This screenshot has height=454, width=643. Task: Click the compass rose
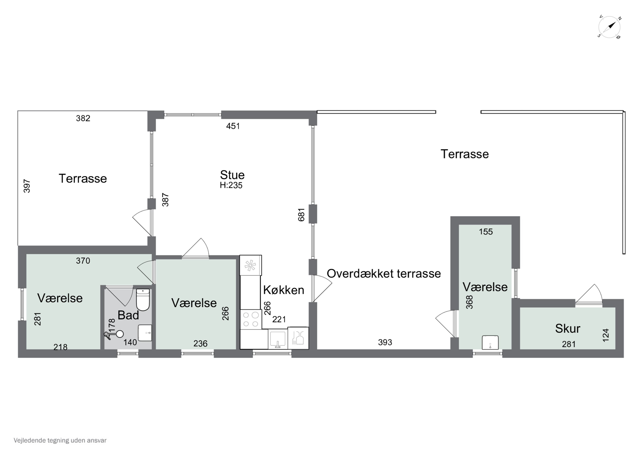pyautogui.click(x=609, y=27)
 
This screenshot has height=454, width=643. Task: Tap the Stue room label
pyautogui.click(x=232, y=175)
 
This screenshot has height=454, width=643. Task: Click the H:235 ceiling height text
pyautogui.click(x=231, y=185)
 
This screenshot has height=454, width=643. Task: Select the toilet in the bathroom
pyautogui.click(x=143, y=300)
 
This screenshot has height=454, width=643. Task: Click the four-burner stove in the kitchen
pyautogui.click(x=251, y=319)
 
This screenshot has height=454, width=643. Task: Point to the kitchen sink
pyautogui.click(x=277, y=339)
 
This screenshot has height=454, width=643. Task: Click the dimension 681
pyautogui.click(x=301, y=215)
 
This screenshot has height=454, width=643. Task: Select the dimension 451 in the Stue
pyautogui.click(x=233, y=126)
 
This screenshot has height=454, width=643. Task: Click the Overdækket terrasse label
pyautogui.click(x=384, y=274)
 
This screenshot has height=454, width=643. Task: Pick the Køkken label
pyautogui.click(x=283, y=290)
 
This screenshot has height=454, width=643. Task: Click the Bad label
pyautogui.click(x=128, y=315)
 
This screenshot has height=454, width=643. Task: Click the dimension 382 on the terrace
pyautogui.click(x=83, y=118)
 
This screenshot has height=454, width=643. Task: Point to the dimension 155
pyautogui.click(x=486, y=232)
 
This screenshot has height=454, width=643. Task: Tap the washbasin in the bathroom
pyautogui.click(x=145, y=333)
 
